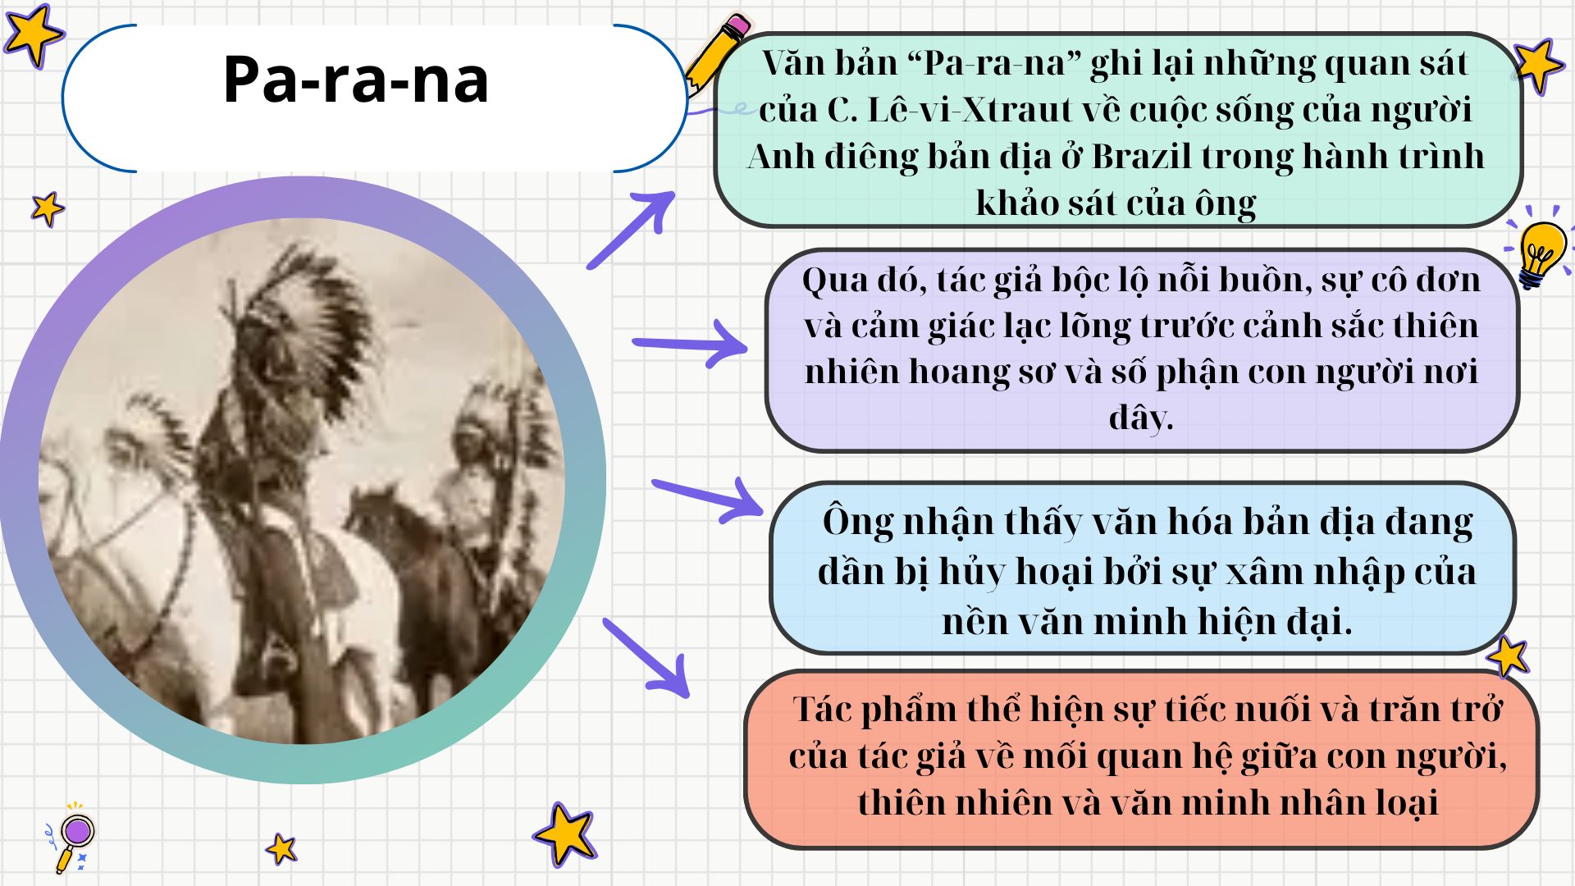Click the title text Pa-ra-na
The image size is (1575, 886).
(355, 80)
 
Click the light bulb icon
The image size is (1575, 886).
(1541, 251)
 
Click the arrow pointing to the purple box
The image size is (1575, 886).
(691, 343)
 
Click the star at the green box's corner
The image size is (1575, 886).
(1537, 63)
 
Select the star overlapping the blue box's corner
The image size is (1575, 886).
(1508, 656)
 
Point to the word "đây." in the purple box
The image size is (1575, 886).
(1141, 418)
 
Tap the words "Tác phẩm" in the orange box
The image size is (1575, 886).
(874, 710)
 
